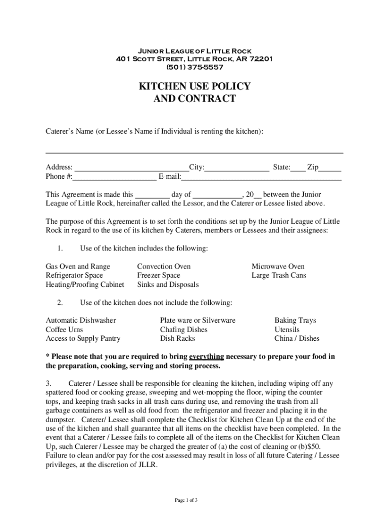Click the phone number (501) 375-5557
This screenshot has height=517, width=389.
(194, 67)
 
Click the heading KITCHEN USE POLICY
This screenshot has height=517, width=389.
(194, 87)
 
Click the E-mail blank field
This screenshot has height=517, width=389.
(261, 177)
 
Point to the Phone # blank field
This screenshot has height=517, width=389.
(115, 177)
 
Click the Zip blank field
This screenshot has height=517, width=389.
(330, 168)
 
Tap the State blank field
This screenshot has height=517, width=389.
(298, 168)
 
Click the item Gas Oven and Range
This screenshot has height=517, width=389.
(78, 266)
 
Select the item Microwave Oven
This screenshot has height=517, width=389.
(278, 266)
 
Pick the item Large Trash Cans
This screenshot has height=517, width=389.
(279, 275)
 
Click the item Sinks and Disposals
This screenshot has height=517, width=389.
(168, 284)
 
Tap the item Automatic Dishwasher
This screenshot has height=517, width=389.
(81, 320)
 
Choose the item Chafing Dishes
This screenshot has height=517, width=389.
(184, 329)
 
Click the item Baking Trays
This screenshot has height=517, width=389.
(295, 320)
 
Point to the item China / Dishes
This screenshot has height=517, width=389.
(297, 338)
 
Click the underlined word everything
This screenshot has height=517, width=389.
(207, 356)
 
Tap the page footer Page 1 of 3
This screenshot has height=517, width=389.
(186, 500)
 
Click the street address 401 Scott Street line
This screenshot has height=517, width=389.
(194, 59)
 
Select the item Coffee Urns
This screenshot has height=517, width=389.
(64, 329)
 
